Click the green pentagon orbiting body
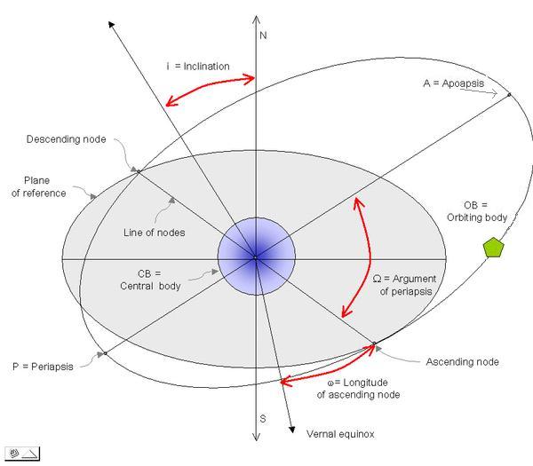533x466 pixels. click(x=493, y=248)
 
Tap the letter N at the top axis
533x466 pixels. click(x=263, y=36)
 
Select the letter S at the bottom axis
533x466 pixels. click(x=262, y=417)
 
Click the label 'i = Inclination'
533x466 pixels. click(x=198, y=67)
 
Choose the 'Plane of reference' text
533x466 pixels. click(x=38, y=187)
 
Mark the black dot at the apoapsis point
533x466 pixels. click(x=509, y=94)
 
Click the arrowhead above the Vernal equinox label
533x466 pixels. click(x=292, y=431)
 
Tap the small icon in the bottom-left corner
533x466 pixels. click(x=23, y=453)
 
